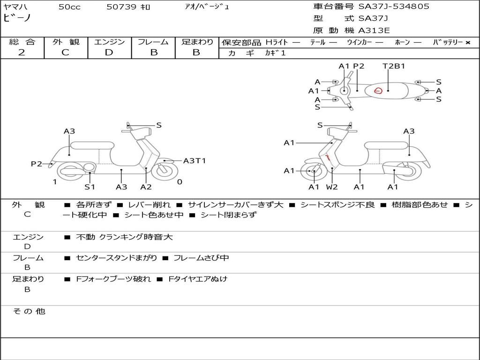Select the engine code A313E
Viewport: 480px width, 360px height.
tap(374, 31)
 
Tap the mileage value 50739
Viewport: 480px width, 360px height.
tap(121, 7)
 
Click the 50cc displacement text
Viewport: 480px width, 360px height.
tap(69, 7)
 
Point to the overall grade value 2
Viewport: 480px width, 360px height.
tap(22, 52)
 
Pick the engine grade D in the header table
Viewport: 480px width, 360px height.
tap(109, 52)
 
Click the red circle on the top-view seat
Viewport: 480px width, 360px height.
tap(378, 90)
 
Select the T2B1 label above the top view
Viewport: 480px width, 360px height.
tap(394, 66)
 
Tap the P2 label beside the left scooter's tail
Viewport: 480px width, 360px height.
tap(37, 164)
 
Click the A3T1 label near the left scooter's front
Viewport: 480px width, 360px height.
tap(195, 161)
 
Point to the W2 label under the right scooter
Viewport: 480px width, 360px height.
tap(332, 187)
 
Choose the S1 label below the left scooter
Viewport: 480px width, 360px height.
tap(90, 187)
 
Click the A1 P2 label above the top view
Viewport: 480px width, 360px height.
tap(352, 66)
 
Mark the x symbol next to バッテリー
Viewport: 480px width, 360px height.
tap(467, 43)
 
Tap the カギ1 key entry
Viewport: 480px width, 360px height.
tap(275, 53)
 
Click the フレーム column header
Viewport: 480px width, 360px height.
tap(153, 42)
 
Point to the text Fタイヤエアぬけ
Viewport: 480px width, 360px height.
tap(197, 279)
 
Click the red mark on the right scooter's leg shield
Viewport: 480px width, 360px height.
tap(328, 157)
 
